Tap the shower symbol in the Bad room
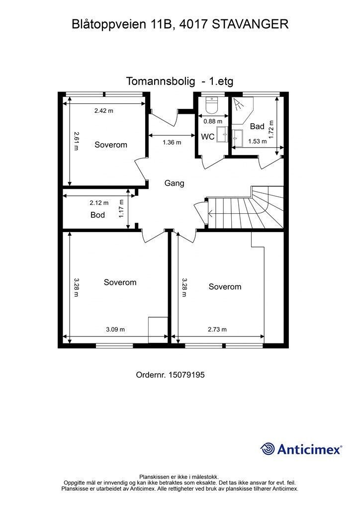(239, 104)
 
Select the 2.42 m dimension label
(104, 111)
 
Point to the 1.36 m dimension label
(172, 142)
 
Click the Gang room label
(175, 183)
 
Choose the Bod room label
(98, 215)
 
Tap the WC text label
(208, 137)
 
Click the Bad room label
(257, 126)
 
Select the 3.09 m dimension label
(115, 330)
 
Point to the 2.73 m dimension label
(217, 330)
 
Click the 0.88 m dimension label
(213, 121)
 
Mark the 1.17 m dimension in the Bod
(122, 208)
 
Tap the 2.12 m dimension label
(99, 203)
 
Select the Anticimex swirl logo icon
(267, 449)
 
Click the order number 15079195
(186, 375)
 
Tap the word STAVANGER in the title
(250, 24)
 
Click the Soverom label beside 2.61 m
(111, 145)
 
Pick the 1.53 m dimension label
(258, 142)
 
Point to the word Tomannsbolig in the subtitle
(161, 81)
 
